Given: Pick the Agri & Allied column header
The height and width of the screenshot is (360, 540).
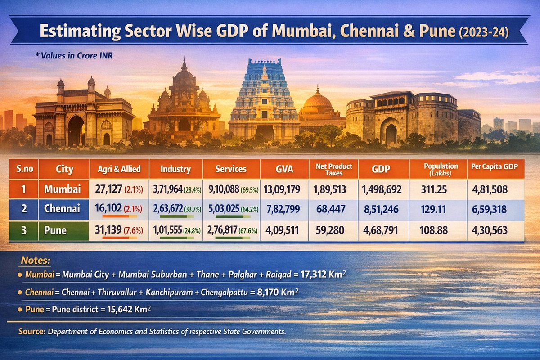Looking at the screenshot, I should (119, 170).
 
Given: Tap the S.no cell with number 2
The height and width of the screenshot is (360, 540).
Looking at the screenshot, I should (23, 210).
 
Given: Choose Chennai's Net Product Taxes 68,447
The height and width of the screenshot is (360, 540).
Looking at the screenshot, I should (330, 210).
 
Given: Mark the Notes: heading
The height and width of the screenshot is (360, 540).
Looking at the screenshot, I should (36, 261).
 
